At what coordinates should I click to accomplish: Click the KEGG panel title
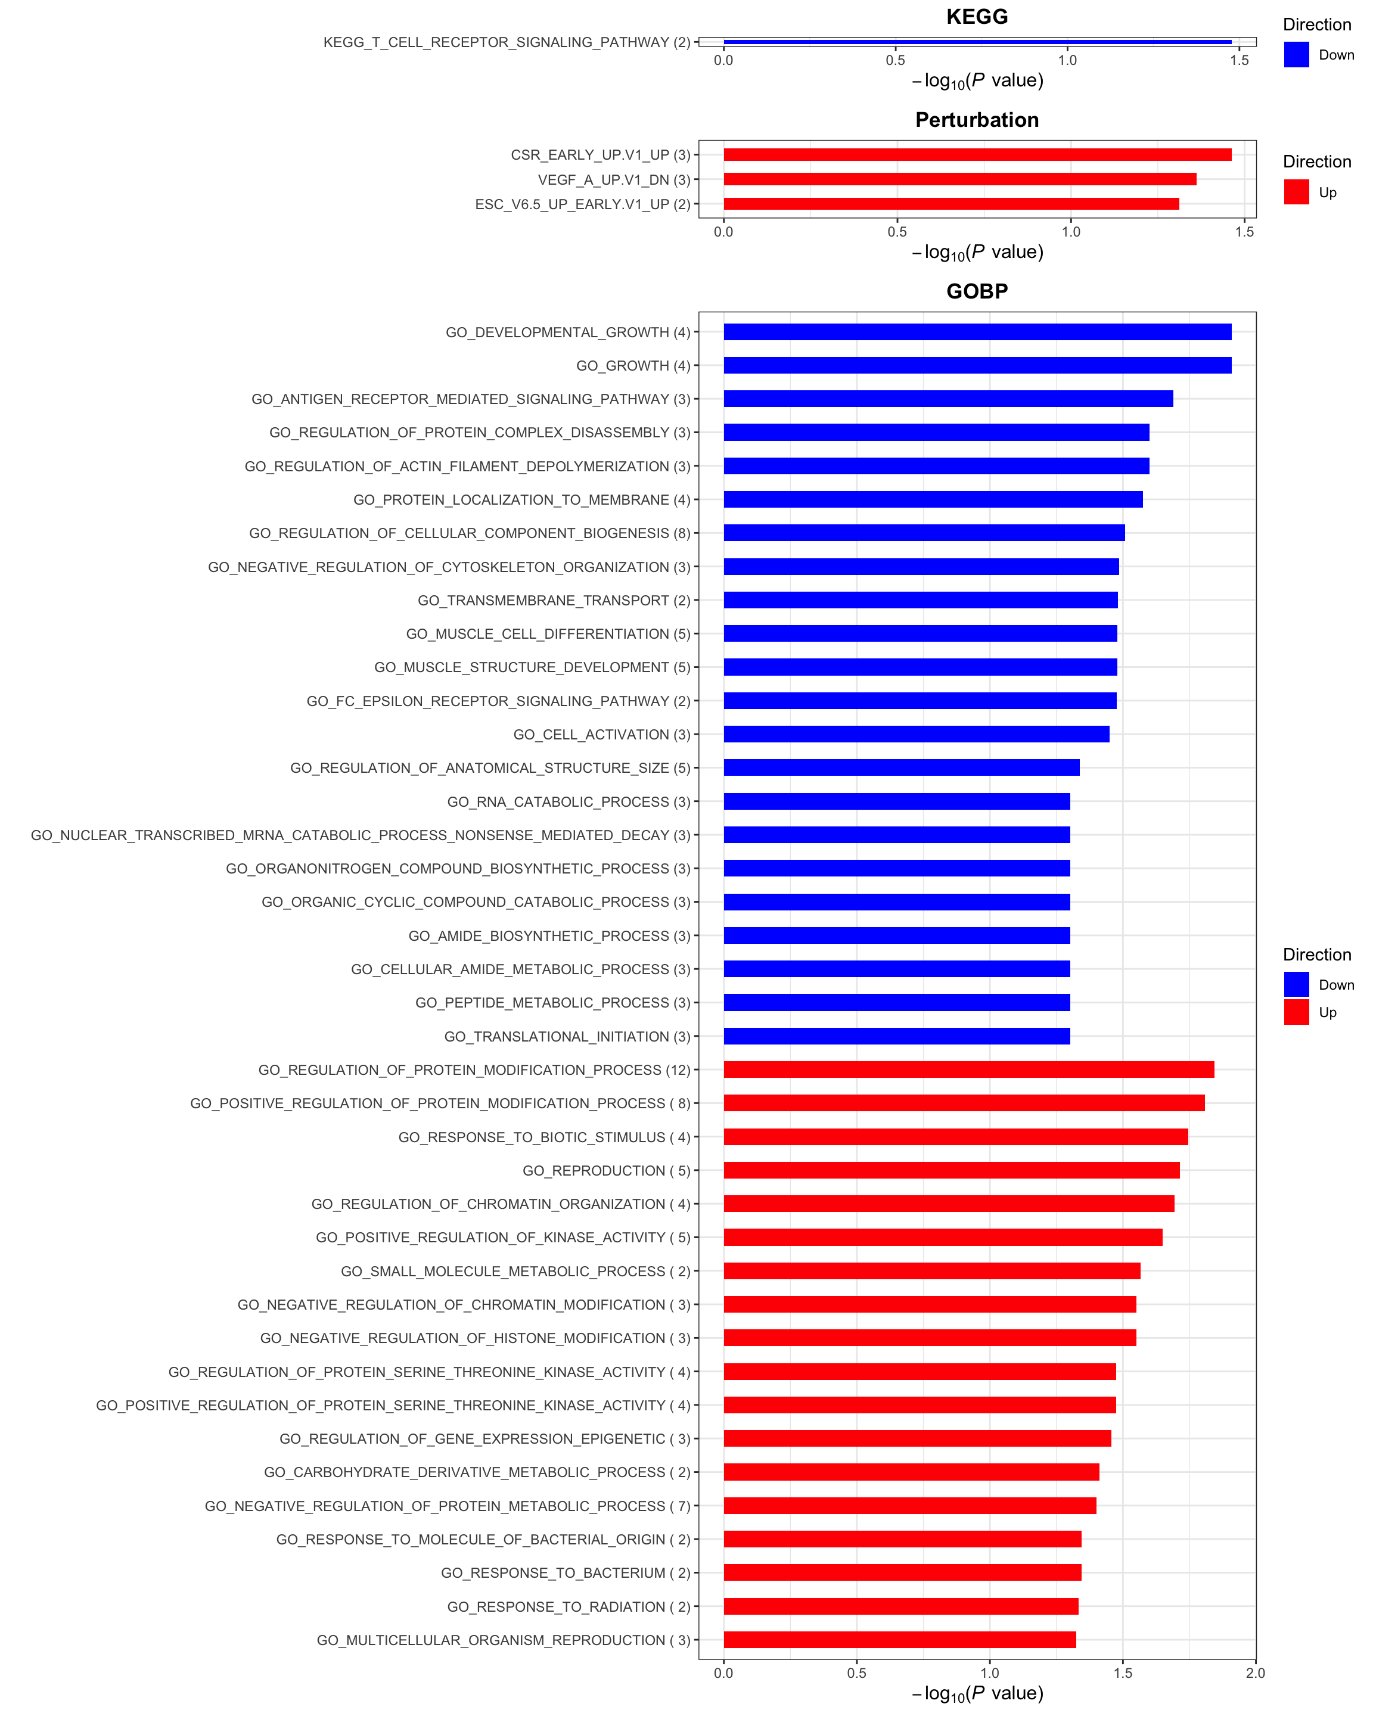977,17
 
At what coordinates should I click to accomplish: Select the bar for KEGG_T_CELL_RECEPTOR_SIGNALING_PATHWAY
977,41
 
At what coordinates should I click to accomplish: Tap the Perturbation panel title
977,120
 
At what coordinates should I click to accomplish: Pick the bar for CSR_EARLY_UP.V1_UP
977,154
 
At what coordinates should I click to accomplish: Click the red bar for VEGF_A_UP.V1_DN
959,179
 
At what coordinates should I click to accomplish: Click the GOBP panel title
977,291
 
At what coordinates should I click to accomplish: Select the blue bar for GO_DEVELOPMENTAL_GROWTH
977,332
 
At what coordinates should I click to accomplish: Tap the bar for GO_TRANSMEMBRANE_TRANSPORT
920,600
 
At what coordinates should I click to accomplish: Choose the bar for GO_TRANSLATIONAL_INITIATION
896,1036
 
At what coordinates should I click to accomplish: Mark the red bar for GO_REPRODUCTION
951,1170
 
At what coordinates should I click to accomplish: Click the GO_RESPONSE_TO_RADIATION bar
900,1606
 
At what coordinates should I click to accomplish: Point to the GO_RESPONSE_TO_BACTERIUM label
565,1573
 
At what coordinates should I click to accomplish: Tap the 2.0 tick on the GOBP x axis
1255,1673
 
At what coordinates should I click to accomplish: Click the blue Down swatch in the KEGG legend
1296,54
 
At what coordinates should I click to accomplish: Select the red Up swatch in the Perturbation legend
1296,192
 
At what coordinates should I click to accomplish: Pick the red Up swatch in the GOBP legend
1296,1012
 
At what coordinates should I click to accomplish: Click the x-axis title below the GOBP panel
977,1694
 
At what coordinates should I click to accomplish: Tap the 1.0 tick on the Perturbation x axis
1070,232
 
